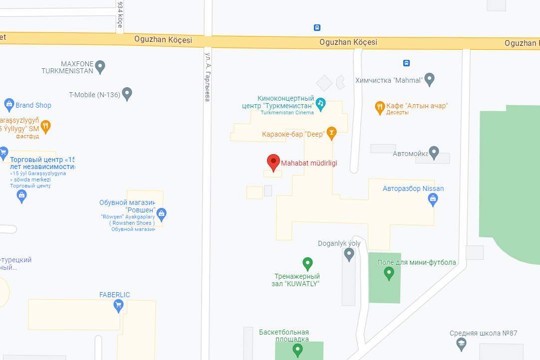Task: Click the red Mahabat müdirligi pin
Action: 273,162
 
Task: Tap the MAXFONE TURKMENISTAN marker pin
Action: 100,66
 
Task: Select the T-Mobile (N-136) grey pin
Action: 127,93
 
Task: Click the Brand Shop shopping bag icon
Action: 9,105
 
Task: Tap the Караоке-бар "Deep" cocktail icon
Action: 331,133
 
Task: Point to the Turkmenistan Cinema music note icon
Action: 320,103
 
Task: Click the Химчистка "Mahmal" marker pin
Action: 429,79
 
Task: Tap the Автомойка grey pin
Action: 434,153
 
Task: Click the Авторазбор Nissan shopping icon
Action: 433,199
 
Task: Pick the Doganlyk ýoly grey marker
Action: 349,254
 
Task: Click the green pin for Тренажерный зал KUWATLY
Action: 308,263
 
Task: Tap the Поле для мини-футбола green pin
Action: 389,273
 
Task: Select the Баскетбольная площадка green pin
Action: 298,350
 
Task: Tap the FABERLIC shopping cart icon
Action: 118,306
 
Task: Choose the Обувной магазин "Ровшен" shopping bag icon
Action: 161,214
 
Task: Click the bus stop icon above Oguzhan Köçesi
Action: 317,28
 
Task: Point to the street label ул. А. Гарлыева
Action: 207,75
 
